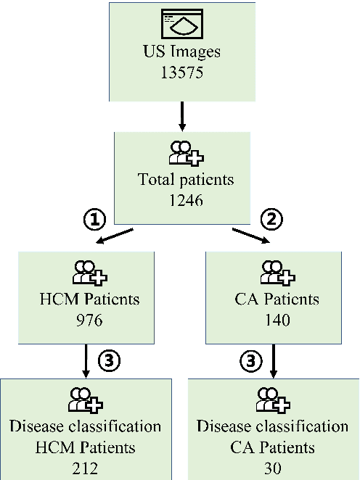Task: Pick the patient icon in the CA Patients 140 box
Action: [274, 274]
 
